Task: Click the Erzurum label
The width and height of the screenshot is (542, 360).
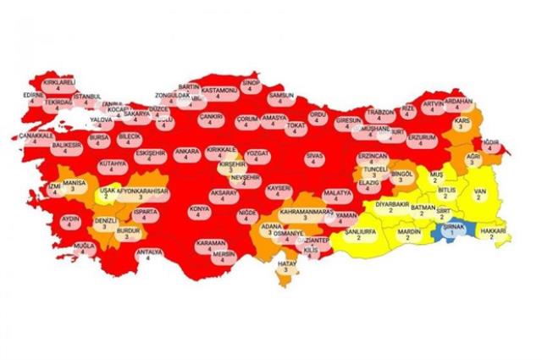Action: click(x=421, y=140)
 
